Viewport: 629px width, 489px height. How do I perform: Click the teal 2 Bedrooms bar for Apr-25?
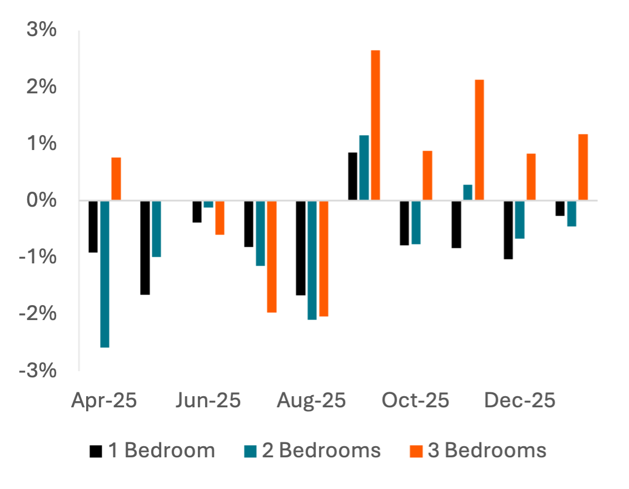(105, 274)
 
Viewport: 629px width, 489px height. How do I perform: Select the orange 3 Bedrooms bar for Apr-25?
(116, 179)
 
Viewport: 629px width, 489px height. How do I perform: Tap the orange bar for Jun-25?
(220, 218)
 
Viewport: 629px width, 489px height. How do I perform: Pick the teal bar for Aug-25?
(312, 260)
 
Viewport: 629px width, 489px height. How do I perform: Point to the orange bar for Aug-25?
(323, 258)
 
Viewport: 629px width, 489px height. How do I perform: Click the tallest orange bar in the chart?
(376, 125)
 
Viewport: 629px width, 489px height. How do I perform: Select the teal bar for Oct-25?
(416, 222)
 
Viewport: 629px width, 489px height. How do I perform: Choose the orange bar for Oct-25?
(427, 176)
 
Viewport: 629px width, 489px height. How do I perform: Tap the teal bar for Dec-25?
(520, 219)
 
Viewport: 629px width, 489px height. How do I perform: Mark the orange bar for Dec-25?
(531, 177)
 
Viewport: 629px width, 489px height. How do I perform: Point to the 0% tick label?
(42, 200)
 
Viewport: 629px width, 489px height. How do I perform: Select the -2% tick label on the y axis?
(38, 313)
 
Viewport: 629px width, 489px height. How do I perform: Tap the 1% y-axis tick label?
(42, 143)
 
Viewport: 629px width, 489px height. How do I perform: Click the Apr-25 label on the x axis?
(104, 400)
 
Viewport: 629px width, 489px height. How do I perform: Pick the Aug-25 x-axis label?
(312, 400)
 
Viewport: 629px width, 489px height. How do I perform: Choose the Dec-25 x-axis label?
(520, 400)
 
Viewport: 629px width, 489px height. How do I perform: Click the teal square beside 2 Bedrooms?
(249, 450)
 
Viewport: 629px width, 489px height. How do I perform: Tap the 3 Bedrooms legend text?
(487, 450)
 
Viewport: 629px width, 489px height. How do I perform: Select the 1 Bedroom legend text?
(162, 450)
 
